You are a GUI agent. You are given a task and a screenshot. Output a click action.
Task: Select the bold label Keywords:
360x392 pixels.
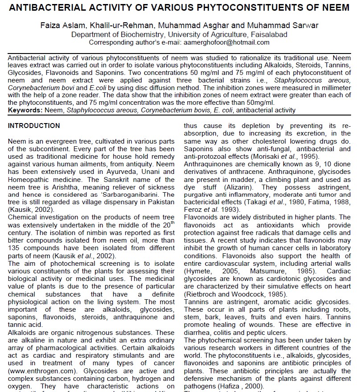[26, 110]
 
